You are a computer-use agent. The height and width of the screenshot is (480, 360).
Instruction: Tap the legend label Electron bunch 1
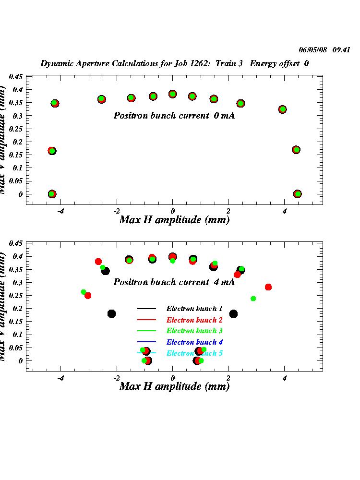coord(194,309)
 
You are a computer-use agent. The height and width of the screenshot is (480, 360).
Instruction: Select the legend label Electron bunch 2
coord(194,320)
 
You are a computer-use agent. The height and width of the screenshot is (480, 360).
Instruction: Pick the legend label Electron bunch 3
coord(194,331)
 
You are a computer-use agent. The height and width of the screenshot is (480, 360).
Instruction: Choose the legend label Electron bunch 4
coord(194,342)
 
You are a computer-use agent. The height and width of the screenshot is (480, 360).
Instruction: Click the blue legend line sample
coord(147,342)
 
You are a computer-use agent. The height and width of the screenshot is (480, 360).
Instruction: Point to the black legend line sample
coord(147,309)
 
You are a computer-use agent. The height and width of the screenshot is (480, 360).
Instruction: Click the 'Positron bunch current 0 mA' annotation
coord(174,116)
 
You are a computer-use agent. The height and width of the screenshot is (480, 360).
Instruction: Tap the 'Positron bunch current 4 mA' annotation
coord(174,282)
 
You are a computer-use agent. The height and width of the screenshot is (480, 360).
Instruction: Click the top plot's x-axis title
coord(174,220)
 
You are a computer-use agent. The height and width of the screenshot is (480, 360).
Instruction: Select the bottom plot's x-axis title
coord(174,386)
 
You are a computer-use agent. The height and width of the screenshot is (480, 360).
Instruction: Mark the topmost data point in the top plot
coord(173,94)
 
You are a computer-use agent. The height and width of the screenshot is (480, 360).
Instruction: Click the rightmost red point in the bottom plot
coord(268,287)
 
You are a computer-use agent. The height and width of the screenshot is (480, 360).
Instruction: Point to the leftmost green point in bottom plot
coord(84,292)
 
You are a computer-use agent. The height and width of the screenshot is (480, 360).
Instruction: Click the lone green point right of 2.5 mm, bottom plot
coord(253,299)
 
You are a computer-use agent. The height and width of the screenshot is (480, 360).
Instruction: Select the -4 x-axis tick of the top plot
coord(60,211)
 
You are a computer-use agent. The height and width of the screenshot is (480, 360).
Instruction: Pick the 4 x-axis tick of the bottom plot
coord(284,378)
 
